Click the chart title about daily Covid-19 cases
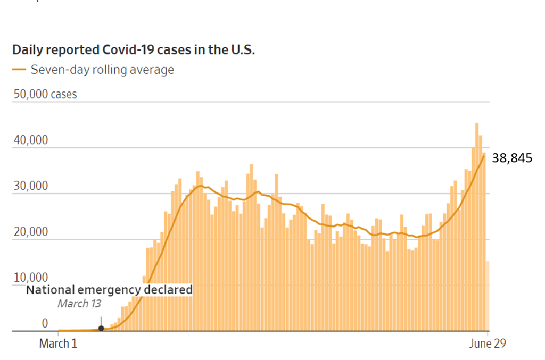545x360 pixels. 134,50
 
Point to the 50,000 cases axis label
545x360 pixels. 45,95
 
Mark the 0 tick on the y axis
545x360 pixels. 45,323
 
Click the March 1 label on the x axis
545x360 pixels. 58,344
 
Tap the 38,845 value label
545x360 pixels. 511,158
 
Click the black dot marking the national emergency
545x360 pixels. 101,328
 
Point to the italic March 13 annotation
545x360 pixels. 79,304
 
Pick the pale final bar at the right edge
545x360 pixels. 488,296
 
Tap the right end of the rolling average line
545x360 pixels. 484,154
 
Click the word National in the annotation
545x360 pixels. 51,290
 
